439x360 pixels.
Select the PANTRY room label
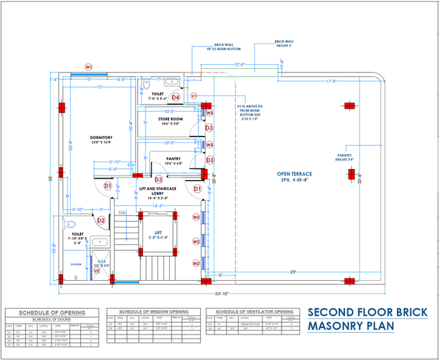(173, 158)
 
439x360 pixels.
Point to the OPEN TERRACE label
(295, 174)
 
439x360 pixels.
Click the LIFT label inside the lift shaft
(158, 232)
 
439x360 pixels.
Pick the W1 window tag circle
(88, 66)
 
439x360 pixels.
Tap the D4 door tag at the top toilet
(176, 97)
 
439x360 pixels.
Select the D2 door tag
(101, 220)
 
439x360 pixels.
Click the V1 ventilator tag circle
(194, 96)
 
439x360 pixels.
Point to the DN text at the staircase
(122, 212)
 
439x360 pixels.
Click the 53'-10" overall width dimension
(215, 294)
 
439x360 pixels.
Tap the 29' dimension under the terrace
(293, 272)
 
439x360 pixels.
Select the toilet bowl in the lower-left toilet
(71, 224)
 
